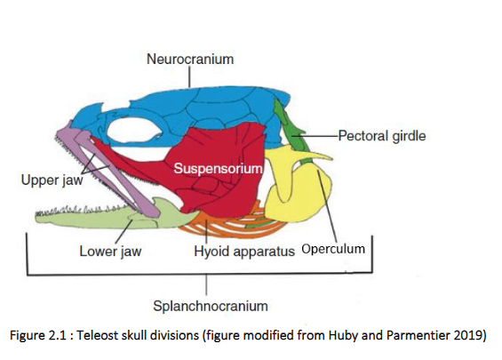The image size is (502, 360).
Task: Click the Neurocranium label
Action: pyautogui.click(x=190, y=60)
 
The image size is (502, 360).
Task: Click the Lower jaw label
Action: pyautogui.click(x=110, y=251)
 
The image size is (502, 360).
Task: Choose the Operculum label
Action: pyautogui.click(x=333, y=249)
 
